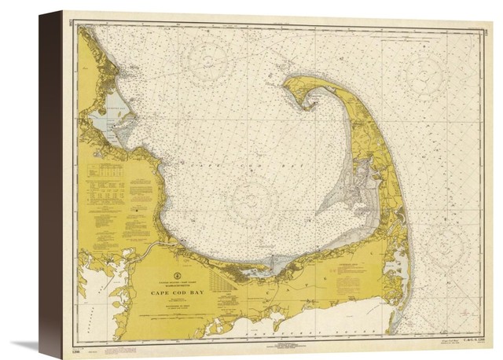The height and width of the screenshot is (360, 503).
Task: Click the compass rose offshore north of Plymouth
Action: click(207, 59)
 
